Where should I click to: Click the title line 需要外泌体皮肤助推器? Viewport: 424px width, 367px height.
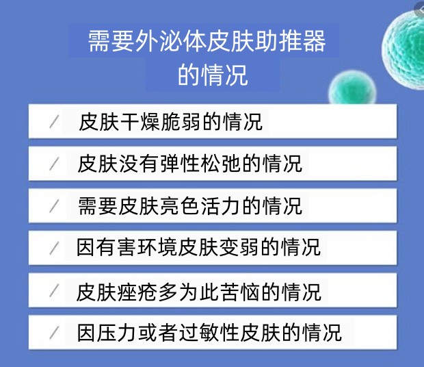click(x=207, y=41)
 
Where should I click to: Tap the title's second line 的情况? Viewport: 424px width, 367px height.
click(x=213, y=75)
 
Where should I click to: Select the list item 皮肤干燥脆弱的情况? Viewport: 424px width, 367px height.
click(x=171, y=122)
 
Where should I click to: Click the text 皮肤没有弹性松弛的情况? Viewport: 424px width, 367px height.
click(x=190, y=164)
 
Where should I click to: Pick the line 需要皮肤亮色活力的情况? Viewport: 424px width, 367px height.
click(x=190, y=206)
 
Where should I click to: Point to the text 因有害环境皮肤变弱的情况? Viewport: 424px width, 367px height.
click(x=198, y=247)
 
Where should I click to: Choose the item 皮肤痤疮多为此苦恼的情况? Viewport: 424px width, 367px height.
click(x=198, y=292)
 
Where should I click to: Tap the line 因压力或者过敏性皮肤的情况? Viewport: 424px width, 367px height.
click(x=209, y=332)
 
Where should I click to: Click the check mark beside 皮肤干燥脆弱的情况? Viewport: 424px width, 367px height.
click(x=54, y=122)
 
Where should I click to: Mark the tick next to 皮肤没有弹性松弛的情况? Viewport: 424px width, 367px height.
click(x=54, y=164)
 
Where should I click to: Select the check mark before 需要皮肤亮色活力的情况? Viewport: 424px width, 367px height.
click(x=54, y=206)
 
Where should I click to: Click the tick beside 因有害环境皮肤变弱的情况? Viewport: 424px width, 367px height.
click(x=54, y=248)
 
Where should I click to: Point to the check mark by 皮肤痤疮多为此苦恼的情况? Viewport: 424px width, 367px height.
click(x=54, y=291)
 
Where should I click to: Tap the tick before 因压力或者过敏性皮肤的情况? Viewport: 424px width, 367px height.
click(x=54, y=333)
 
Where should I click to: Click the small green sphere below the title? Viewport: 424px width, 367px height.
click(x=352, y=87)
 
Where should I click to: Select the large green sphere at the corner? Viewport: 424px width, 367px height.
click(x=403, y=49)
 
